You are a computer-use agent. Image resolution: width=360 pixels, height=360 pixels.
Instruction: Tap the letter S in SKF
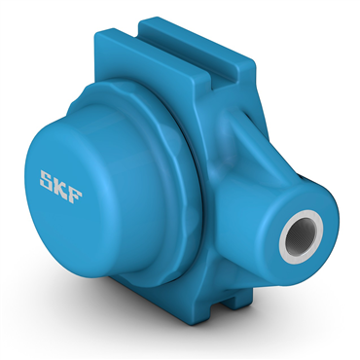click(x=47, y=179)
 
